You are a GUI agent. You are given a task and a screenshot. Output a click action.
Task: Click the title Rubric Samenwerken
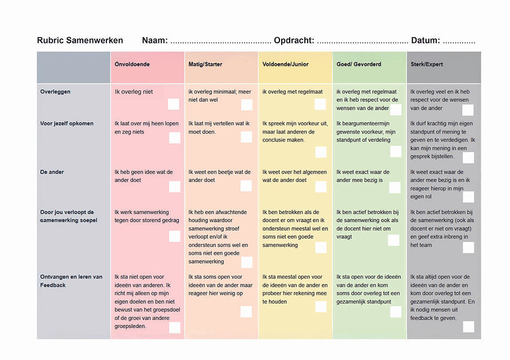80,41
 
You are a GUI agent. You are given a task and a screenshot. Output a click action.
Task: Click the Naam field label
155,41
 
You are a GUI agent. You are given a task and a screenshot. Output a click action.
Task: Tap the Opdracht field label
294,41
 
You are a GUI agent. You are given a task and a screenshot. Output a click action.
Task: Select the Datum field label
425,41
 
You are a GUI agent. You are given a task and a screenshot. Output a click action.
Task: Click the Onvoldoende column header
132,64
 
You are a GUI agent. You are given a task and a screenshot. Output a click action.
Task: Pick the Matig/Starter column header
205,64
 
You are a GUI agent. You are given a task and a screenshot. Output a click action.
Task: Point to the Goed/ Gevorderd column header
359,64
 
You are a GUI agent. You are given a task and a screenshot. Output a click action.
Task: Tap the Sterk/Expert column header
427,64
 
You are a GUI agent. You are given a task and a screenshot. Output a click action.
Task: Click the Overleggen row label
55,92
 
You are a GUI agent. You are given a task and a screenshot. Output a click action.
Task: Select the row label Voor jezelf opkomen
67,124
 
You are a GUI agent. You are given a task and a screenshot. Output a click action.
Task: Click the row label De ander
52,172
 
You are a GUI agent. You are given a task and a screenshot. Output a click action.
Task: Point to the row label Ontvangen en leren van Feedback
71,281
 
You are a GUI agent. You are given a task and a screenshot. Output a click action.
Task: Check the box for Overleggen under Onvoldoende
174,104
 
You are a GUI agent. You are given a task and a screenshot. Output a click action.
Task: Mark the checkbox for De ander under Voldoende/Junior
321,186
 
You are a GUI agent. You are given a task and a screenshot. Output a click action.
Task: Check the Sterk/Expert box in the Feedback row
468,327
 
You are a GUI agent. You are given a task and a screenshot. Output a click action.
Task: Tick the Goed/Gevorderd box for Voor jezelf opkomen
396,152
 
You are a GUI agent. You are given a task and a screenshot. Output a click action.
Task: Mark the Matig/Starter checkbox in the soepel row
247,262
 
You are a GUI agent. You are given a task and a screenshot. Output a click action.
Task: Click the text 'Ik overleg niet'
134,92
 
